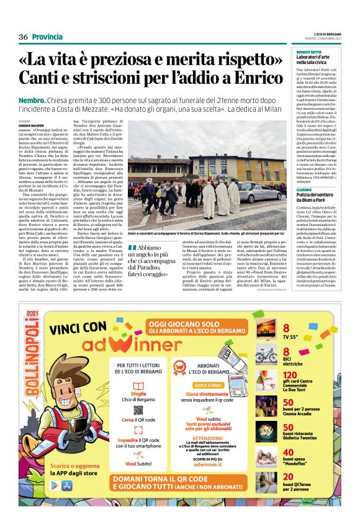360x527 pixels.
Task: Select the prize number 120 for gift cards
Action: pyautogui.click(x=290, y=376)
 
